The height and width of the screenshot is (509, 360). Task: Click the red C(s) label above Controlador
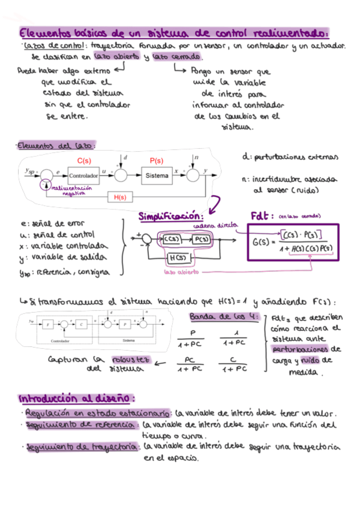85,161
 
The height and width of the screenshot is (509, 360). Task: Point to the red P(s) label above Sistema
156,161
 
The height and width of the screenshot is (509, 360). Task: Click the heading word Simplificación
171,216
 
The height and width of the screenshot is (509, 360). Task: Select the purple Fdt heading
262,215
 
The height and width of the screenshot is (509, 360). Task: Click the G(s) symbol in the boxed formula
262,242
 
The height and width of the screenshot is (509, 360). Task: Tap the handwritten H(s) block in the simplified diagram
177,258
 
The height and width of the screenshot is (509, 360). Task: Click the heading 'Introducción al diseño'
77,399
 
